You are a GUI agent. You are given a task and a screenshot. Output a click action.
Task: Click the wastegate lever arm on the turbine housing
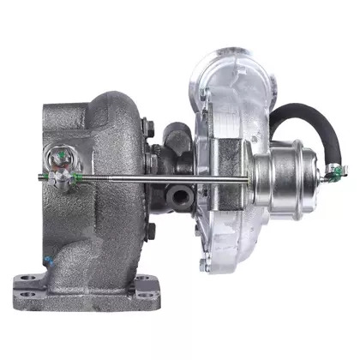(59, 158)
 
